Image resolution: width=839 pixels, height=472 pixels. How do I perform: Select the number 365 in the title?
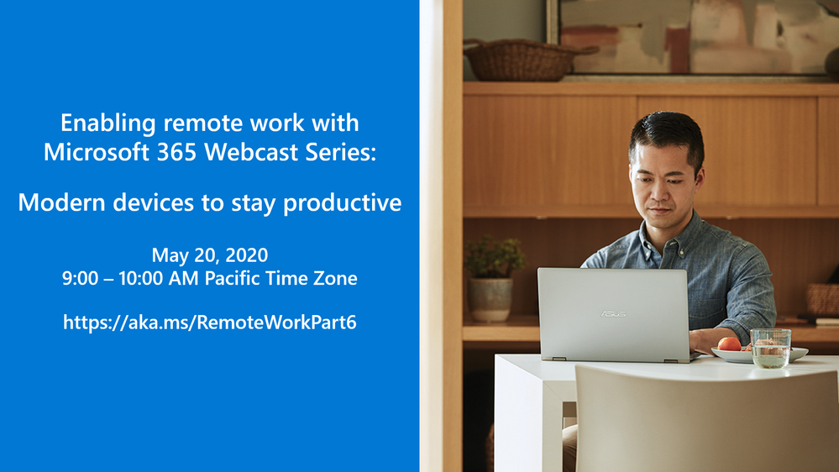point(176,152)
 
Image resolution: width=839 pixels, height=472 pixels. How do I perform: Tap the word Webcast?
point(251,152)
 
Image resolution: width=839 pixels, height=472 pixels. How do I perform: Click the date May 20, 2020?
point(210,255)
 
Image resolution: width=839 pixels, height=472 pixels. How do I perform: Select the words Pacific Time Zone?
point(281,278)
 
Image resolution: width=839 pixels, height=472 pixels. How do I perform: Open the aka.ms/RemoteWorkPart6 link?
point(210,323)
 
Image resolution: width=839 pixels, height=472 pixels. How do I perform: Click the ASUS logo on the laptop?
point(613,313)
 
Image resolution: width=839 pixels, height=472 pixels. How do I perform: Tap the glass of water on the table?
point(770,349)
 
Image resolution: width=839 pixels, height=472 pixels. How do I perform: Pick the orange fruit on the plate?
point(729,344)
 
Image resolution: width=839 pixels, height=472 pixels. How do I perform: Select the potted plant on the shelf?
point(492,278)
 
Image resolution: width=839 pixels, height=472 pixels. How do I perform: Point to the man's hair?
point(667,135)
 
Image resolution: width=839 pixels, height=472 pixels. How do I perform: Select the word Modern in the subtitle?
point(62,202)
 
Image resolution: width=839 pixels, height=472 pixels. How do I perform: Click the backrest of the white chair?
point(706,417)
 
